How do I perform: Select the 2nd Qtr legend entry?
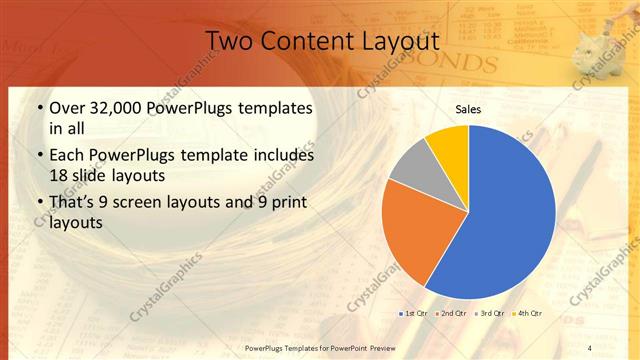tap(452, 313)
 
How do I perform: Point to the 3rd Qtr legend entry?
tap(490, 313)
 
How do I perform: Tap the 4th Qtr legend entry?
tap(527, 313)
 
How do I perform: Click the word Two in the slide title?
tap(228, 41)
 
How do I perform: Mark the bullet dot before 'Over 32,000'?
tap(39, 108)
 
